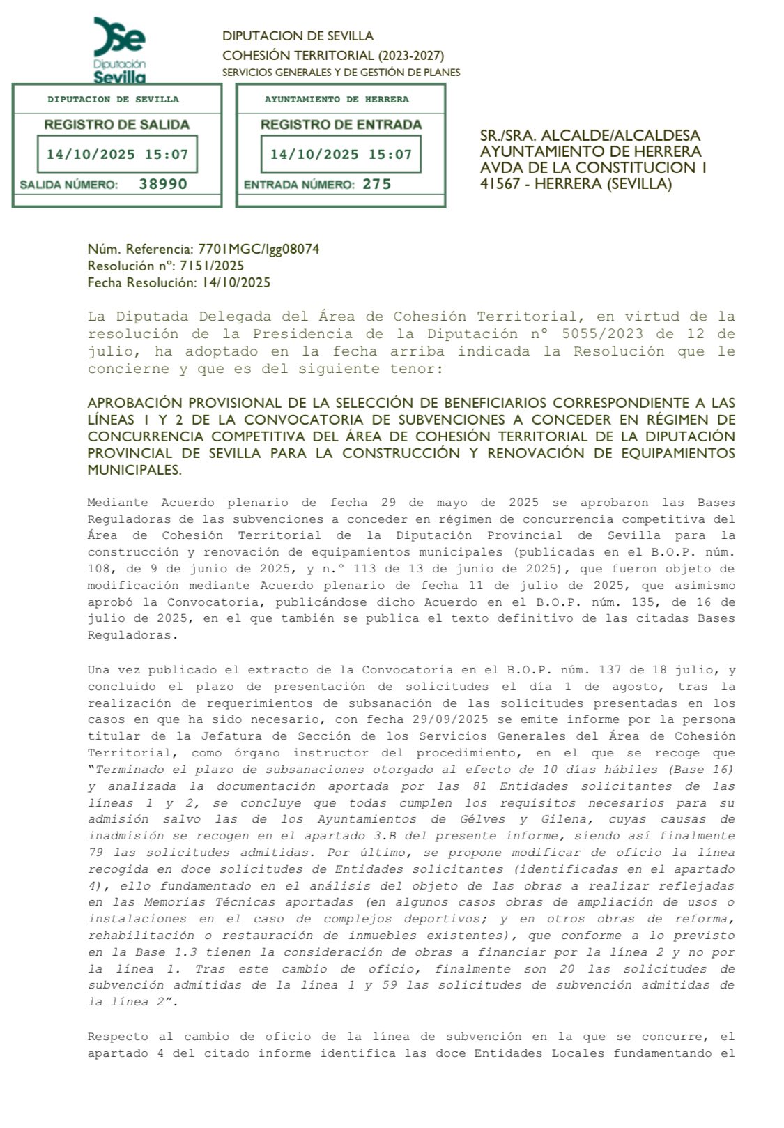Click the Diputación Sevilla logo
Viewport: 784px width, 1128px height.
click(x=119, y=49)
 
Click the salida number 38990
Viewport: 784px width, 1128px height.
click(x=163, y=184)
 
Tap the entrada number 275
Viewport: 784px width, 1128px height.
click(x=376, y=184)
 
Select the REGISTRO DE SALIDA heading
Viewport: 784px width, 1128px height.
click(x=116, y=125)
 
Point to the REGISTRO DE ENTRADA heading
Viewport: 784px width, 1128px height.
click(x=341, y=125)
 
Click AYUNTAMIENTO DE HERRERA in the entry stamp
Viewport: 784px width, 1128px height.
click(x=337, y=100)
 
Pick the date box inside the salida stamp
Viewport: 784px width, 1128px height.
click(x=117, y=154)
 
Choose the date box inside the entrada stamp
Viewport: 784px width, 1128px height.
click(x=341, y=154)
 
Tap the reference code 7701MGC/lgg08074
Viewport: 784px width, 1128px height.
click(x=259, y=249)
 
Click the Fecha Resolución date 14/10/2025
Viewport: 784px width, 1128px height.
click(x=236, y=282)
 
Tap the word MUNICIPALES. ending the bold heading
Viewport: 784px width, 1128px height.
click(x=134, y=470)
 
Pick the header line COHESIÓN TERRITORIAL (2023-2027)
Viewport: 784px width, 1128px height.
click(x=332, y=55)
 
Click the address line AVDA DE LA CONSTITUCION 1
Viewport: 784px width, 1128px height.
click(x=593, y=167)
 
